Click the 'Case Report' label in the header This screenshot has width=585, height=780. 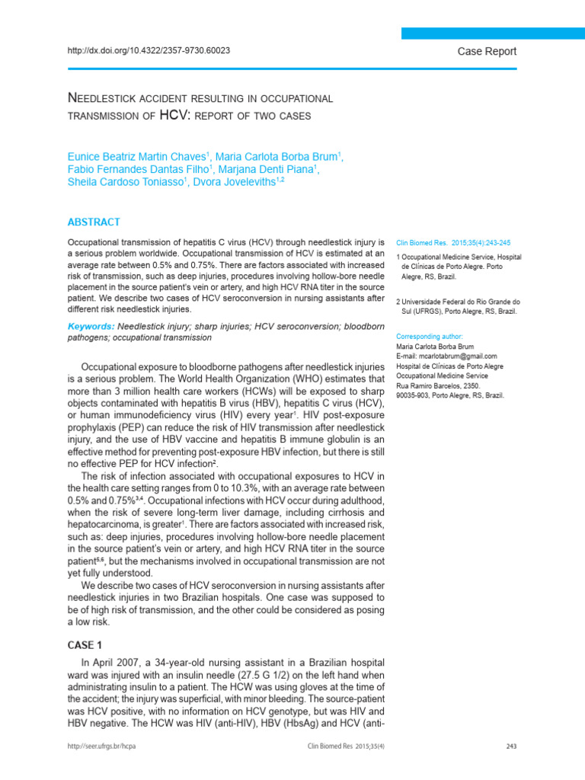[x=486, y=51]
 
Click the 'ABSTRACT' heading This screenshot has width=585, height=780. [x=94, y=222]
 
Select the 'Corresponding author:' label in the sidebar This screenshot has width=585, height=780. [x=430, y=336]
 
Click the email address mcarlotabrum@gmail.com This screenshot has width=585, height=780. [x=447, y=356]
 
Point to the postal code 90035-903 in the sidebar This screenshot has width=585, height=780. [x=414, y=395]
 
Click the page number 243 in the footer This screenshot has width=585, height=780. [x=510, y=746]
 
